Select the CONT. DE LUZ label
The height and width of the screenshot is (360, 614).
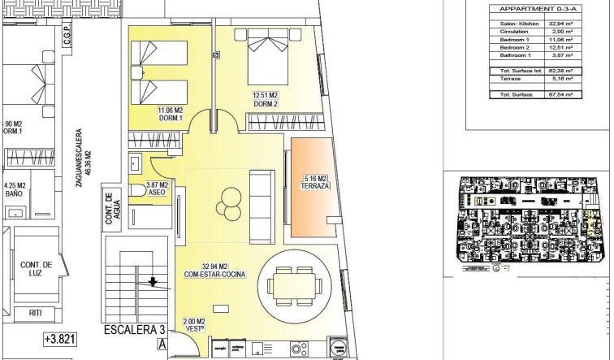[37, 270]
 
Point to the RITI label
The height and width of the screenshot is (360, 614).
[36, 313]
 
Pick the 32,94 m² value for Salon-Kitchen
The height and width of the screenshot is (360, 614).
[560, 25]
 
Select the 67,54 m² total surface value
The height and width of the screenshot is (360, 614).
[560, 95]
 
